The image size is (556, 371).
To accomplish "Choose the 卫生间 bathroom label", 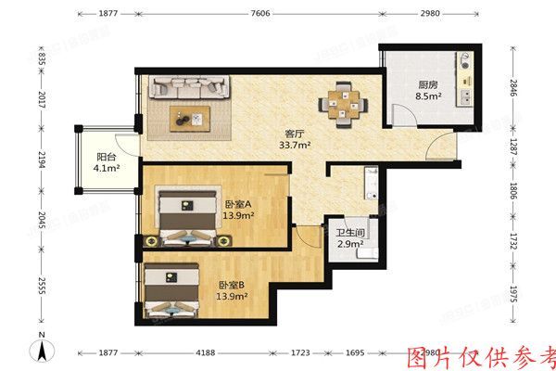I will [348, 233].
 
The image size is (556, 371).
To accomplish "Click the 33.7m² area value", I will [295, 144].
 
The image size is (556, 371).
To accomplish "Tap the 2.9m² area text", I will [348, 244].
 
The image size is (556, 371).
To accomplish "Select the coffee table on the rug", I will [192, 117].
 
